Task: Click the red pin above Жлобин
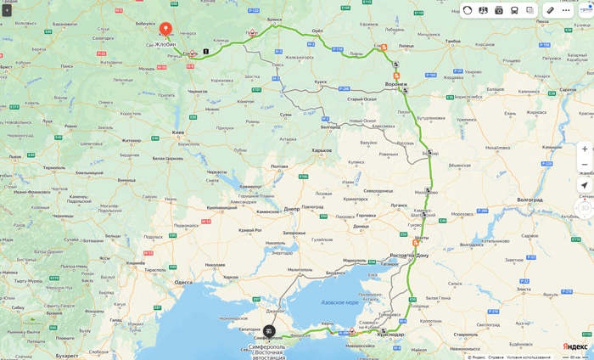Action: point(165,29)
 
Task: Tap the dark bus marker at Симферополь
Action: point(269,331)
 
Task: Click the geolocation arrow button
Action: point(584,185)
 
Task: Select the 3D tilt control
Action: point(584,207)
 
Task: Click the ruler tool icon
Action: point(550,10)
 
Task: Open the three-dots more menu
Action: point(566,10)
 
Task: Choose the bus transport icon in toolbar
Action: point(514,10)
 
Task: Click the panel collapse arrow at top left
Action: point(7,10)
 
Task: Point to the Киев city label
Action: point(177,132)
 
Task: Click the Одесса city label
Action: point(183,282)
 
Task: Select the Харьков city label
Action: point(321,150)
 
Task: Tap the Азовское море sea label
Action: point(339,302)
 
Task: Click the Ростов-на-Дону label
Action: point(409,255)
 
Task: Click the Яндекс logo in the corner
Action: point(574,346)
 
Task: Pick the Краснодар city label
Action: point(390,335)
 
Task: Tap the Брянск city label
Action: point(274,19)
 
